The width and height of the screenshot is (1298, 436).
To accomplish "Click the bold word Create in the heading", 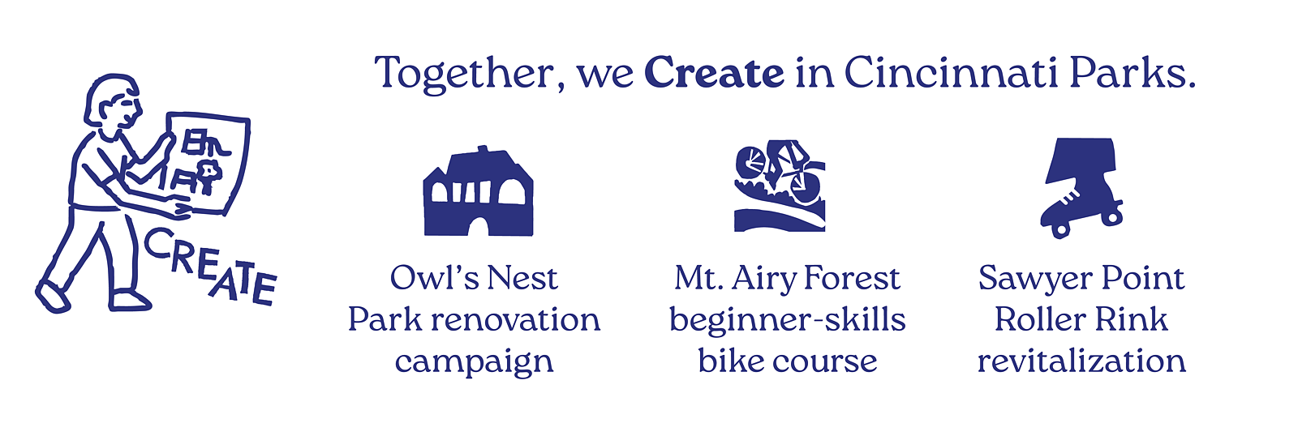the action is click(714, 74).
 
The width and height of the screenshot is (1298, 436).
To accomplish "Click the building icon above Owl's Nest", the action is click(479, 191).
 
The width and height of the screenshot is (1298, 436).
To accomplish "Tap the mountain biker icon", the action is click(780, 186).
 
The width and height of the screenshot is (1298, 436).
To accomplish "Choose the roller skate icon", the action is click(1081, 187).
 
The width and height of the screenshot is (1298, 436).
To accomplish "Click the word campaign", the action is click(474, 363).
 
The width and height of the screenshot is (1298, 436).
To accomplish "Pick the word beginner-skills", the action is click(788, 319).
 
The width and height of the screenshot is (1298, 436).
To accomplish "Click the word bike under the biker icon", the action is click(729, 360).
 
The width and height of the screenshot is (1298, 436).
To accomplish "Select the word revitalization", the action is click(1081, 360).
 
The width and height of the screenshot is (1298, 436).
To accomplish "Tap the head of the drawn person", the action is click(113, 102).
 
